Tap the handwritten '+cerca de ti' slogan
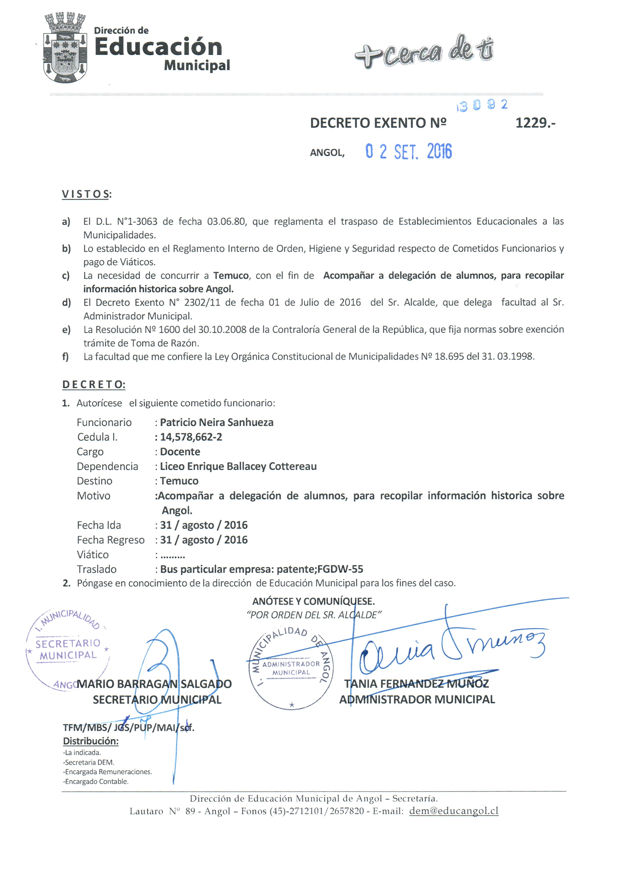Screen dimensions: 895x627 point(424,52)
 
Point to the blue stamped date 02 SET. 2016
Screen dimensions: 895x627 point(408,152)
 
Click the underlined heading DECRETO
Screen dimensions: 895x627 point(94,384)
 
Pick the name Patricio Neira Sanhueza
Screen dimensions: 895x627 point(216,422)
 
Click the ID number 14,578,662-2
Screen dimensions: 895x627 point(191,437)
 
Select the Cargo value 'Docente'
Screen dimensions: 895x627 point(180,452)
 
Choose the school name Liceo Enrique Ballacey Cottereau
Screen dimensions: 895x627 point(238,467)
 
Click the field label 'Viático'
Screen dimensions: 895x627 point(93,555)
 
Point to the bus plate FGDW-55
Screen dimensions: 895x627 point(340,569)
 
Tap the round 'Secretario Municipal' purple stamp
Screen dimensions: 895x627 point(67,649)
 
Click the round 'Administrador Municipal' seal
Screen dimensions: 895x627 point(291,668)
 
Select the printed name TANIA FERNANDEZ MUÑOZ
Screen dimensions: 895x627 point(417,684)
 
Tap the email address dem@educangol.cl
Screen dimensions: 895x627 point(453,811)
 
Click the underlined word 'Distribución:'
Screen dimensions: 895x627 point(91,741)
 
